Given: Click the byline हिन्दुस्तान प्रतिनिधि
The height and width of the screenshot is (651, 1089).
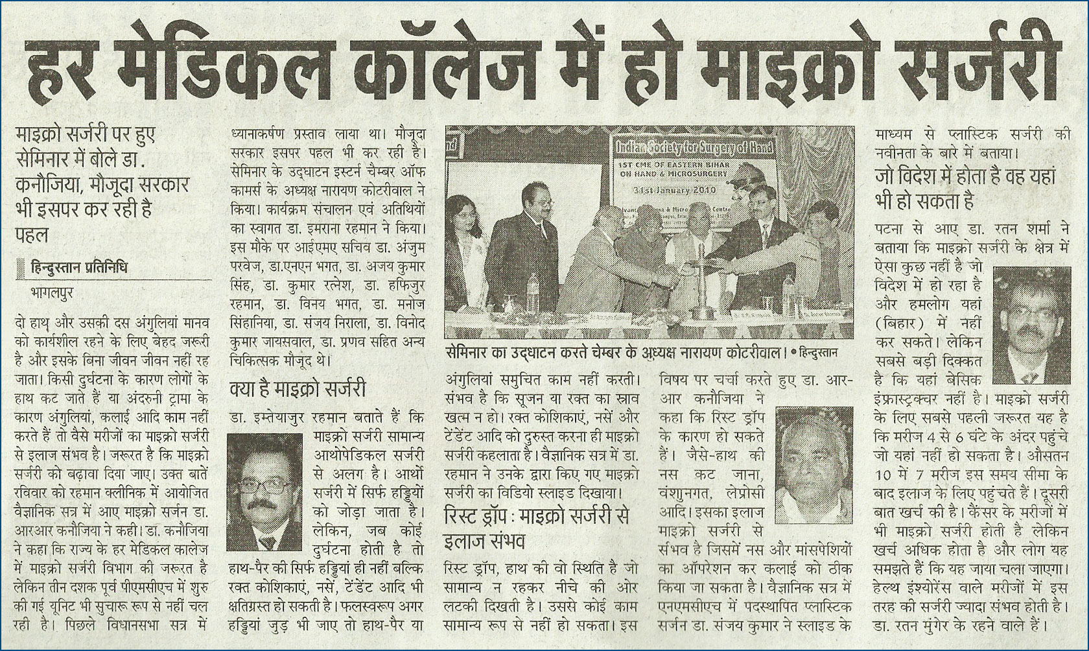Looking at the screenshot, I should (80, 265).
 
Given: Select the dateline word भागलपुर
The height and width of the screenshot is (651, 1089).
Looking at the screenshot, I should (52, 292).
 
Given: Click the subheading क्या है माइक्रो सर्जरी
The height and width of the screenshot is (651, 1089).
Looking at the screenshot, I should (298, 390).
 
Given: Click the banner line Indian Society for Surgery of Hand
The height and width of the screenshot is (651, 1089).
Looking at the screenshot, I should (694, 148).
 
